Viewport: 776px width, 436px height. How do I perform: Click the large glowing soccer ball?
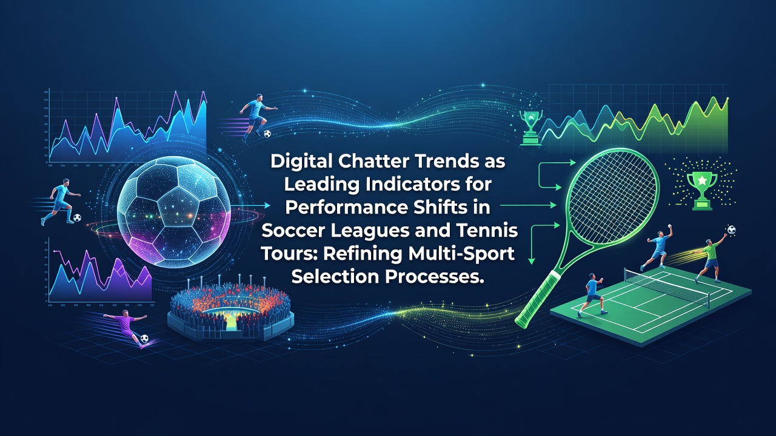[x=173, y=212]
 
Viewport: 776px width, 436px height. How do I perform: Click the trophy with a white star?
[x=702, y=191]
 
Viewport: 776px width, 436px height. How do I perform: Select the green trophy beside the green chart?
[x=530, y=128]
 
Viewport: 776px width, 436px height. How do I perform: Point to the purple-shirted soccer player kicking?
[x=127, y=327]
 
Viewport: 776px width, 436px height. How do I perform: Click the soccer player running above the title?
[x=257, y=117]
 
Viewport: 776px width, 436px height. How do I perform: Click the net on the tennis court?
[x=667, y=287]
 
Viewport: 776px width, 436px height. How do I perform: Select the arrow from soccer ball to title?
[x=250, y=205]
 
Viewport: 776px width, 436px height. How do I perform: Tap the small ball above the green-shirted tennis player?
[x=731, y=230]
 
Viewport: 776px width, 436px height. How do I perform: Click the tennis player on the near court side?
[x=592, y=295]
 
